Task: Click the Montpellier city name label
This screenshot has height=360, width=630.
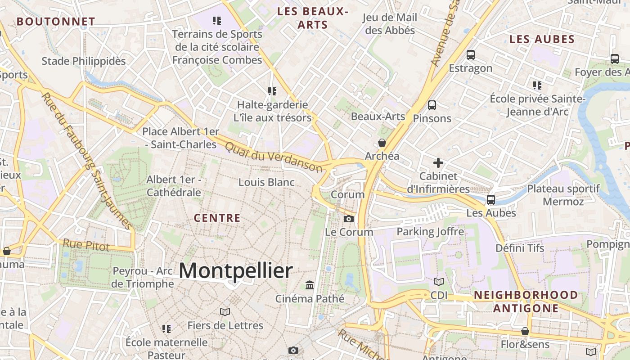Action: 236,271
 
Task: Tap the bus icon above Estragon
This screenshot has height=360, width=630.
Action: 471,55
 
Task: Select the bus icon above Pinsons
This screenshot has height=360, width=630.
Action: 432,105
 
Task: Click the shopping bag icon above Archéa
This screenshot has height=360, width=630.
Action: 382,143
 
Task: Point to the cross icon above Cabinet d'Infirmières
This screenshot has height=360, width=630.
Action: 438,162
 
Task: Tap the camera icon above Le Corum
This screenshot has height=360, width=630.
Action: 349,219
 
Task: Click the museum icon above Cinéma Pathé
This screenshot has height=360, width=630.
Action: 310,285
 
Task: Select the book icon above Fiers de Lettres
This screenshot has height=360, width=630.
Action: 225,312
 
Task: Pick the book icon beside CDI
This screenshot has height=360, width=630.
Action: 438,282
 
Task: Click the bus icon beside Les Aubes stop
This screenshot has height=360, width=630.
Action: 491,199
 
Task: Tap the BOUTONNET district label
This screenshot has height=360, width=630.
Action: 56,21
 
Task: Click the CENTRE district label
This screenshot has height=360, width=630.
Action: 217,218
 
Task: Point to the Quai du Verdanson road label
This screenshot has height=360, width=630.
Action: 274,157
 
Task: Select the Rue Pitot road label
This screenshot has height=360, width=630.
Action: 86,245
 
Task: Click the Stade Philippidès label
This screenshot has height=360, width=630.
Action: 84,61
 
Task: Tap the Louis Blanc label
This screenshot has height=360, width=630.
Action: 266,182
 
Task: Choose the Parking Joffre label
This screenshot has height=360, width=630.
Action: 430,232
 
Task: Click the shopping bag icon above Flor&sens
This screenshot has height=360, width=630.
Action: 525,331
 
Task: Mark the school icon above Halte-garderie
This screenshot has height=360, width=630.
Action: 272,91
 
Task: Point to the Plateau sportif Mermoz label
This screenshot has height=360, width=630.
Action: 563,195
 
